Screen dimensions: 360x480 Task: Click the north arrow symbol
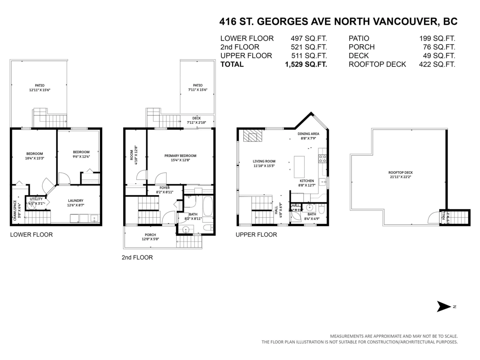pyautogui.click(x=443, y=307)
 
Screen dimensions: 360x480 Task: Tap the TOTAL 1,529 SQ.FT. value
pyautogui.click(x=306, y=64)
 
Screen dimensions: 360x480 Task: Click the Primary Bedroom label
pyautogui.click(x=180, y=156)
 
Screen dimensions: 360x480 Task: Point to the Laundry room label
pyautogui.click(x=76, y=200)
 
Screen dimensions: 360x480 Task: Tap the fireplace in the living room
pyautogui.click(x=252, y=136)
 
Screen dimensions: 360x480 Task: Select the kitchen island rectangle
pyautogui.click(x=299, y=166)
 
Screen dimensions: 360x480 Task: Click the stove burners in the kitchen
pyautogui.click(x=322, y=158)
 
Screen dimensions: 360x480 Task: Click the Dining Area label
pyautogui.click(x=308, y=134)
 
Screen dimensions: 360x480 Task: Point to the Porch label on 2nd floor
pyautogui.click(x=150, y=235)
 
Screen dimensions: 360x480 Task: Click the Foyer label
pyautogui.click(x=165, y=187)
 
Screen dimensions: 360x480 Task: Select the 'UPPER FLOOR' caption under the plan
pyautogui.click(x=256, y=235)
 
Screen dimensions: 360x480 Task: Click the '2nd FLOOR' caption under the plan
pyautogui.click(x=137, y=258)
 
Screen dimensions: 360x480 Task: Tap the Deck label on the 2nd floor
pyautogui.click(x=196, y=118)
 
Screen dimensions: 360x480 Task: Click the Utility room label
pyautogui.click(x=36, y=199)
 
